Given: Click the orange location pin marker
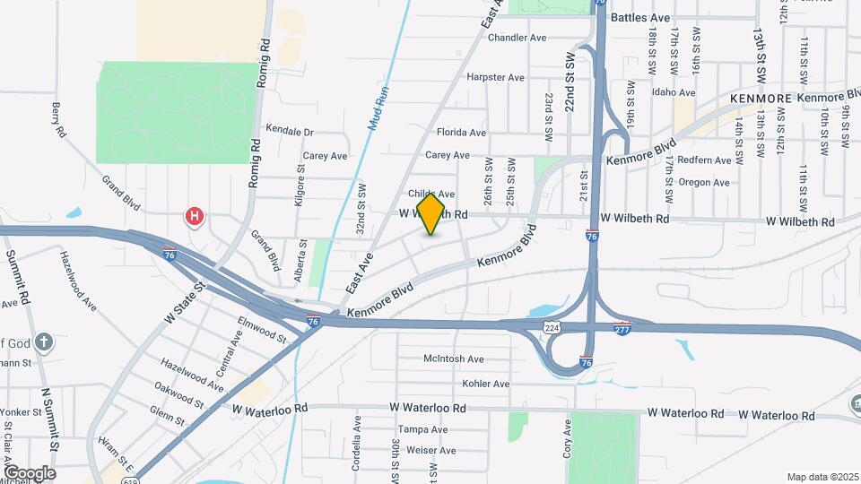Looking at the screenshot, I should coord(430,213).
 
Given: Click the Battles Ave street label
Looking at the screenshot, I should coord(640,17).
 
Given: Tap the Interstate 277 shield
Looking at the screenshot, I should coord(622,328).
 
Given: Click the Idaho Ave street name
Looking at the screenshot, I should coord(674,92).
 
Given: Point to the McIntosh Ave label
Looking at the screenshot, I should coord(454,359).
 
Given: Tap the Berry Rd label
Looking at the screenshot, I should coord(59,120).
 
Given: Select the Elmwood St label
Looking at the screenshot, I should coord(261,329).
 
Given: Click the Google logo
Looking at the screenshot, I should coord(30,472).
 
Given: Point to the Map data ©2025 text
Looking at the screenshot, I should coord(822,476).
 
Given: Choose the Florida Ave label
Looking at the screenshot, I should coord(461,133).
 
